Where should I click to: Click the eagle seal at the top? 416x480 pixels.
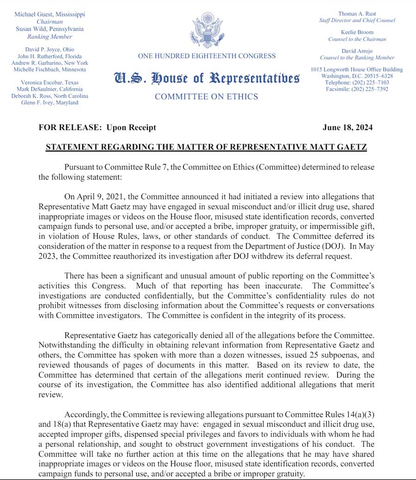click(x=207, y=30)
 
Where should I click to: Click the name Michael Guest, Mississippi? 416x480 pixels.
click(x=49, y=14)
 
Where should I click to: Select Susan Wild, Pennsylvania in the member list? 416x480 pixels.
click(x=49, y=29)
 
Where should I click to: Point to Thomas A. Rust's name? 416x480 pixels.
click(x=357, y=14)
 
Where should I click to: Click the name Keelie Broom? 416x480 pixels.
click(x=357, y=32)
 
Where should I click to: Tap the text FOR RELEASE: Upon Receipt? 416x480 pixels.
click(x=98, y=128)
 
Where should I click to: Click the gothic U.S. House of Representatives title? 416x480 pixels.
click(x=207, y=78)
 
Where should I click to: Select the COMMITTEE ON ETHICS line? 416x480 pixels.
click(x=207, y=97)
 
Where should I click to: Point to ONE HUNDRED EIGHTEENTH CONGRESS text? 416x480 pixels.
click(x=207, y=56)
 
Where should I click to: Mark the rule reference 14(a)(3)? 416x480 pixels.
click(x=356, y=414)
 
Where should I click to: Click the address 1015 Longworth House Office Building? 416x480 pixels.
click(x=357, y=69)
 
